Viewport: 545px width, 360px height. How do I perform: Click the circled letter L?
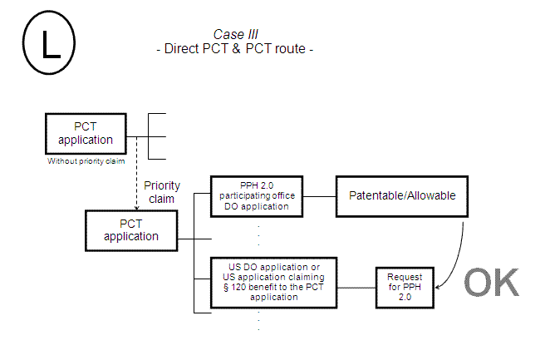click(x=48, y=43)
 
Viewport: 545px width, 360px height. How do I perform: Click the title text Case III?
click(x=235, y=34)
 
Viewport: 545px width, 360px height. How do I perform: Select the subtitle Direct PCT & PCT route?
click(x=235, y=49)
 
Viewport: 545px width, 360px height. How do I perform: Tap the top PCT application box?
click(x=80, y=133)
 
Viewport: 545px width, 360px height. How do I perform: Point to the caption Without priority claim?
click(x=80, y=160)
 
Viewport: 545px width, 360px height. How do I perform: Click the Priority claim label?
click(x=161, y=192)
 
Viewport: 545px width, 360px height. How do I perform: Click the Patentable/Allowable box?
click(x=402, y=195)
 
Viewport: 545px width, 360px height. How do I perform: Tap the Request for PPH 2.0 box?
click(x=405, y=288)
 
